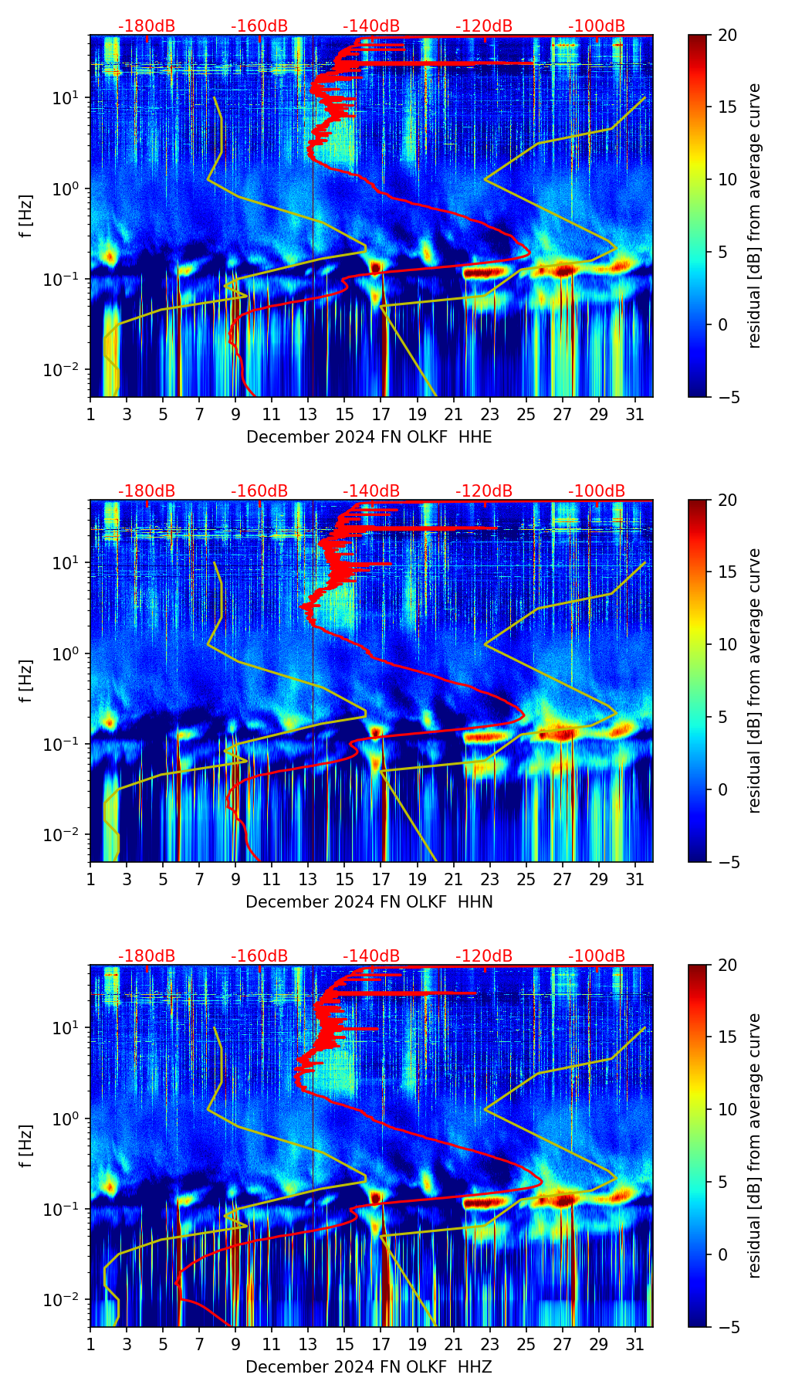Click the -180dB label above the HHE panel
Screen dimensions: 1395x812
pos(147,26)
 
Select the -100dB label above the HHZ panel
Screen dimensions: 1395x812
pos(597,956)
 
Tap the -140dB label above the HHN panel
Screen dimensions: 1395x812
pos(371,491)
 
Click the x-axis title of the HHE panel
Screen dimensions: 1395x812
pos(369,437)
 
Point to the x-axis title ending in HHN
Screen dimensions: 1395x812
pos(369,902)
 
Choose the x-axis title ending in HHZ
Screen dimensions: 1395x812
pos(369,1367)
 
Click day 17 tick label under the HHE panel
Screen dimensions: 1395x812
pos(381,415)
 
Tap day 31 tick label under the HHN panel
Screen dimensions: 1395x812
pos(635,880)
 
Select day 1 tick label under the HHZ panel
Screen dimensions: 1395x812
pos(90,1345)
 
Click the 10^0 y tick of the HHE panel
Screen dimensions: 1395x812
pos(68,188)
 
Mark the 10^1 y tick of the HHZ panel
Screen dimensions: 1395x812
pos(68,1028)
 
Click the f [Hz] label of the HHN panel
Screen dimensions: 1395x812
pos(26,681)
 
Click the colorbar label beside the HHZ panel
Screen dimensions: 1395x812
pos(754,1146)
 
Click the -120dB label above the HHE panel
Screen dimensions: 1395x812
pos(484,26)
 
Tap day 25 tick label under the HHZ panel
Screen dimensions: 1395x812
pos(526,1345)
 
